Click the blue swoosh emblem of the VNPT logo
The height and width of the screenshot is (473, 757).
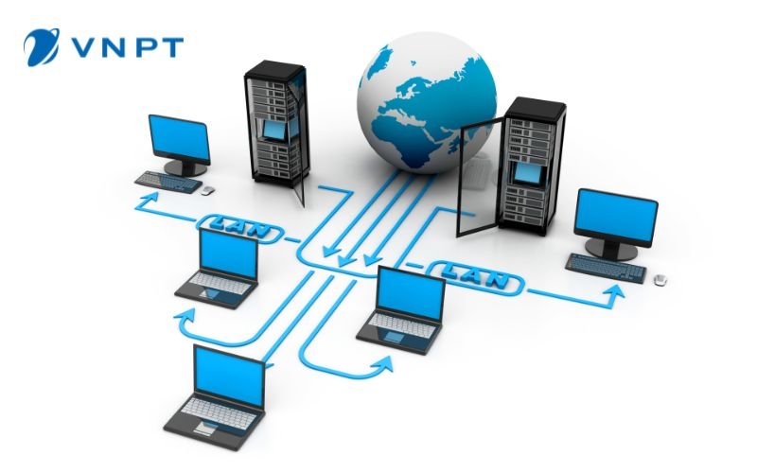point(42,46)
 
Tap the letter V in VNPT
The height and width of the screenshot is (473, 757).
point(82,48)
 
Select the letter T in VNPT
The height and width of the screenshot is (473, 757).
point(172,48)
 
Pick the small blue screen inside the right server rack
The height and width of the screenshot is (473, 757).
point(527,173)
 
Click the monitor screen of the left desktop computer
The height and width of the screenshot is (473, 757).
point(180,138)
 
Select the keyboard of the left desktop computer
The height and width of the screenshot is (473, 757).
point(168,182)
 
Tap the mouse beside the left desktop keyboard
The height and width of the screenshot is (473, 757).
point(207,191)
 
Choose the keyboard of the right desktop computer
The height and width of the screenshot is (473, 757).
point(606,268)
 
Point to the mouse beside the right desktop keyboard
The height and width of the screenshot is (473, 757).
point(660,279)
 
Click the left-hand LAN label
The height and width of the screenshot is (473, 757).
point(239,227)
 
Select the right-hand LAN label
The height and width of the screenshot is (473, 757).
point(476,276)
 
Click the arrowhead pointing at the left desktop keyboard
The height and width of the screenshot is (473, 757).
point(150,197)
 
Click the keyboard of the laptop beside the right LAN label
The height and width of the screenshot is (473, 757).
point(403,325)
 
